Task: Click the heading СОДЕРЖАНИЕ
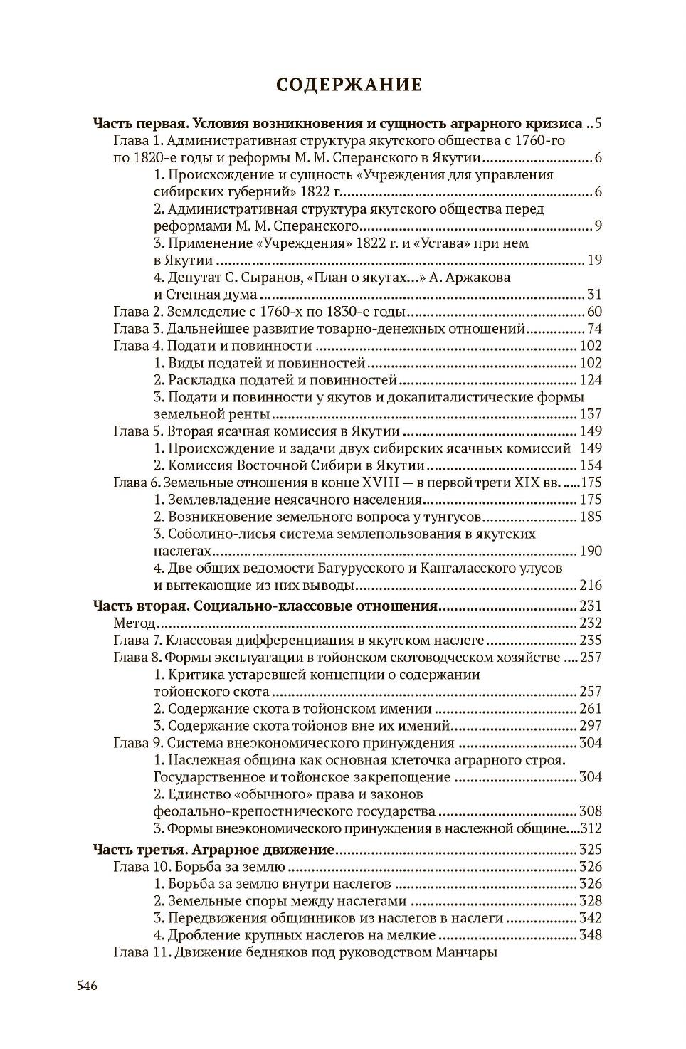coord(349,85)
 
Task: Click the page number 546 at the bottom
coord(87,986)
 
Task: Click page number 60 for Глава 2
coord(594,312)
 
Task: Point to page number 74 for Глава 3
coord(594,329)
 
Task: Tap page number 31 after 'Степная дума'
coord(594,295)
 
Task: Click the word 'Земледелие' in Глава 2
coord(202,312)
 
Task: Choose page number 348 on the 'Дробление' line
coord(590,935)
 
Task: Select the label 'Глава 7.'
coord(137,641)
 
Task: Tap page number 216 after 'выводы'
coord(590,586)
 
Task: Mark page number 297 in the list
coord(590,726)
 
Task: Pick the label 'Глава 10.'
coord(140,867)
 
